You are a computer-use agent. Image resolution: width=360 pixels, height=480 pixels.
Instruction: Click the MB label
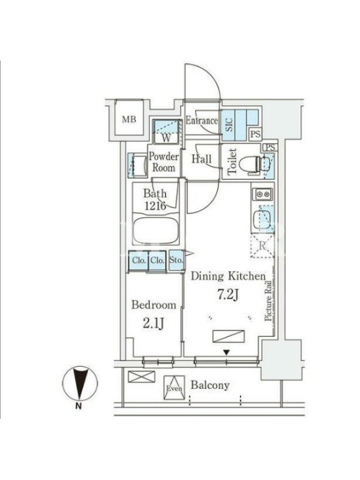(x=129, y=119)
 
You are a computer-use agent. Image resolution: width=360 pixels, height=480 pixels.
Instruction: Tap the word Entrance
(x=202, y=121)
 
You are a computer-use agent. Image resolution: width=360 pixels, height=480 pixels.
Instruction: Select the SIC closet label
(x=229, y=125)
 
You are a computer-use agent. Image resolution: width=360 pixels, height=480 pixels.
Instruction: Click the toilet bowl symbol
(x=249, y=166)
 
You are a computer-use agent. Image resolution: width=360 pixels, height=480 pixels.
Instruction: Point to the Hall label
(x=202, y=158)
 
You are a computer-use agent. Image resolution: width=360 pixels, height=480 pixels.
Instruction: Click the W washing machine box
(x=166, y=131)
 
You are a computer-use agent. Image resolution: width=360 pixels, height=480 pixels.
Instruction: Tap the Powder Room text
(x=164, y=162)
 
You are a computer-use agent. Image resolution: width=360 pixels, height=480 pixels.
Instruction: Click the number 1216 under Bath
(x=155, y=206)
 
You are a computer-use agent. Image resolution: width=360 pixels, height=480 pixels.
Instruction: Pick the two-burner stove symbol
(x=263, y=194)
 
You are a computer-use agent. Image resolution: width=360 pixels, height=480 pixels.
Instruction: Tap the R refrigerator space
(x=262, y=246)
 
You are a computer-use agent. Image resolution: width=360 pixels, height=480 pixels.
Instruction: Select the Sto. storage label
(x=176, y=260)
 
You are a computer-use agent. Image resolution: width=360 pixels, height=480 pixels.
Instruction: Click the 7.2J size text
(x=228, y=294)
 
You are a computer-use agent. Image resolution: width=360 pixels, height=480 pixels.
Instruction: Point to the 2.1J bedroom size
(x=154, y=323)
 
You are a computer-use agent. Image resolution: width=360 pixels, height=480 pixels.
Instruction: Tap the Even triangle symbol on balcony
(x=174, y=388)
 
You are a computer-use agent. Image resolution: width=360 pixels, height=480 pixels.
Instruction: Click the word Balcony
(x=210, y=385)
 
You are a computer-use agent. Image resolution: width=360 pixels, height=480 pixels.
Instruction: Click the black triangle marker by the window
(x=226, y=353)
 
